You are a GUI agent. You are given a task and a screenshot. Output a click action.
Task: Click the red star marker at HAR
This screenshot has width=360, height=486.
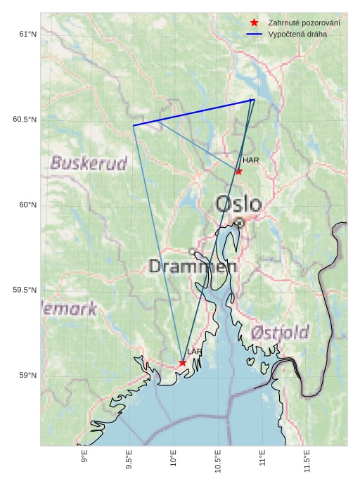[x=239, y=171]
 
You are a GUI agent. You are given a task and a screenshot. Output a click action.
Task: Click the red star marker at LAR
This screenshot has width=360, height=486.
[x=182, y=363]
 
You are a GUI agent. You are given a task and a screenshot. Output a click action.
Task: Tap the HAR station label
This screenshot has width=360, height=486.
[x=251, y=160]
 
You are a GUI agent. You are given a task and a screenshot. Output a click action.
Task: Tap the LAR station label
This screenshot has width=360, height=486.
[x=195, y=352]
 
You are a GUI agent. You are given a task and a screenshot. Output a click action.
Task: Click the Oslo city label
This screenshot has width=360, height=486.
[x=238, y=204]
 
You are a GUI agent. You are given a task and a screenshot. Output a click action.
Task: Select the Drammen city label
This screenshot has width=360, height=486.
[x=193, y=267]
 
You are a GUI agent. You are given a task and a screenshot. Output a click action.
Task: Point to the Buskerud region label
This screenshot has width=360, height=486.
[x=89, y=164]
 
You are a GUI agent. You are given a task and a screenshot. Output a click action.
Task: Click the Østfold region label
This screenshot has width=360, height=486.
[x=280, y=332]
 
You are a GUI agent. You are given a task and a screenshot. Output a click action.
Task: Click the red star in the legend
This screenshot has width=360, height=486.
[x=255, y=23]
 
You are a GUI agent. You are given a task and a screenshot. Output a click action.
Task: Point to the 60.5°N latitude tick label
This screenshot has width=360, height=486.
[x=25, y=120]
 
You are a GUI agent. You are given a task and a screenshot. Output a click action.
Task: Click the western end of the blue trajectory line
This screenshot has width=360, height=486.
[x=134, y=125]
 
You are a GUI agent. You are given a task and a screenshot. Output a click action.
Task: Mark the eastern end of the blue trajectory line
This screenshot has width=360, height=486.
[x=254, y=100]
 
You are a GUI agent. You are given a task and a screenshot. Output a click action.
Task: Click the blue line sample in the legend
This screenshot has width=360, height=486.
[x=255, y=34]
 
